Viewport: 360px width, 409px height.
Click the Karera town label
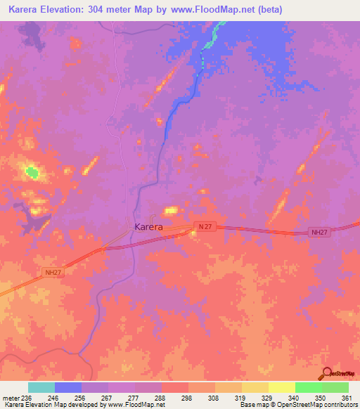[148, 227]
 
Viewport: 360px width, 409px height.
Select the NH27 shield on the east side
[320, 232]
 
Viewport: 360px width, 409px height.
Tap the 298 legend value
[186, 398]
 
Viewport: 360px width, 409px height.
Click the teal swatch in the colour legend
[41, 387]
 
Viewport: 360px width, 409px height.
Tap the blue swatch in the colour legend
[67, 387]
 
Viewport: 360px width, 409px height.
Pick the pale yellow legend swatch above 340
[281, 387]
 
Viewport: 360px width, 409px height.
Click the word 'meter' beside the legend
[9, 398]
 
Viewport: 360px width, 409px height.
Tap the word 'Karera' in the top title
[20, 8]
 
